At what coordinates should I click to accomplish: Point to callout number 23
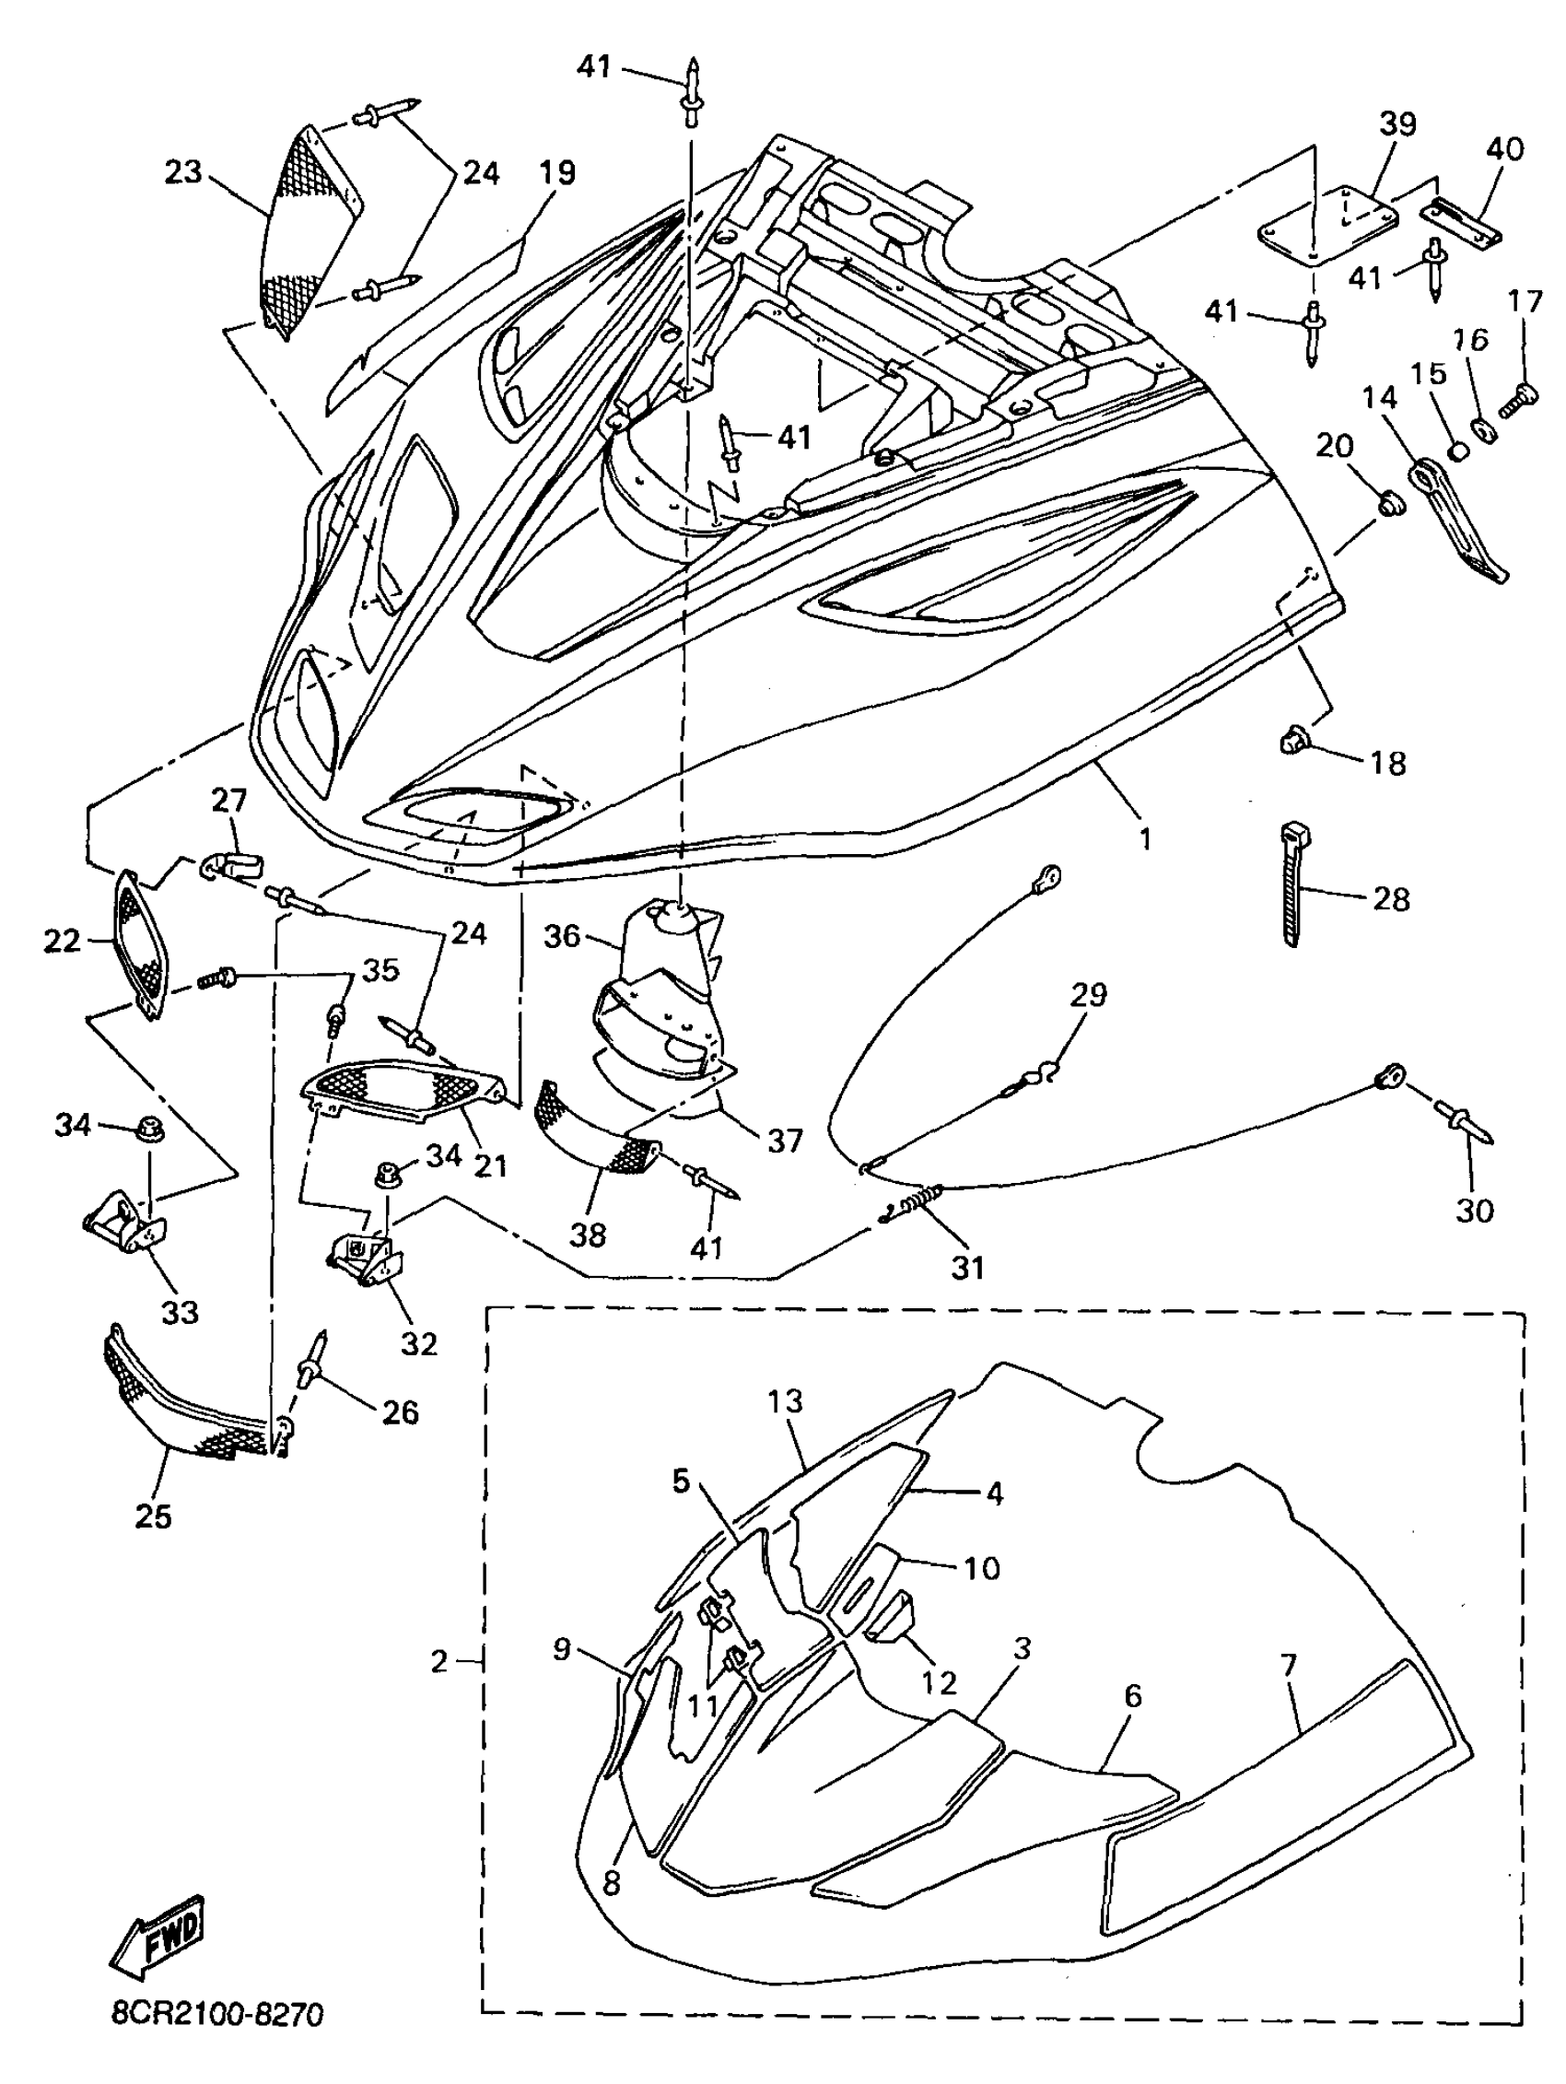coord(182,172)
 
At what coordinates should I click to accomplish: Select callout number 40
coord(1502,149)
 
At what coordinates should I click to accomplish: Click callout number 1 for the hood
coord(1145,837)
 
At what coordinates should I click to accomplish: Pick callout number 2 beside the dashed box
coord(439,1662)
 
